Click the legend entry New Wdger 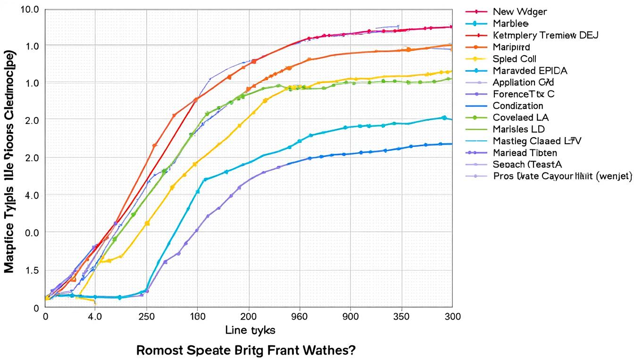pyautogui.click(x=519, y=12)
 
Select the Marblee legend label pyautogui.click(x=510, y=24)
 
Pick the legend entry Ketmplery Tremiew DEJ pyautogui.click(x=545, y=35)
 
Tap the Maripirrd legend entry pyautogui.click(x=511, y=47)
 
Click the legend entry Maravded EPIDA pyautogui.click(x=530, y=71)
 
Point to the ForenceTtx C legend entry pyautogui.click(x=523, y=94)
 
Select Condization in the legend pyautogui.click(x=517, y=106)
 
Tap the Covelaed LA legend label pyautogui.click(x=520, y=118)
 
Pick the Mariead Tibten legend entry pyautogui.click(x=525, y=153)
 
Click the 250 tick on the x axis pyautogui.click(x=147, y=317)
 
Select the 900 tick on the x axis pyautogui.click(x=350, y=317)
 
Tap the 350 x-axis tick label pyautogui.click(x=401, y=317)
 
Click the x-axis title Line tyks pyautogui.click(x=250, y=330)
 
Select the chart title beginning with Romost pyautogui.click(x=246, y=351)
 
